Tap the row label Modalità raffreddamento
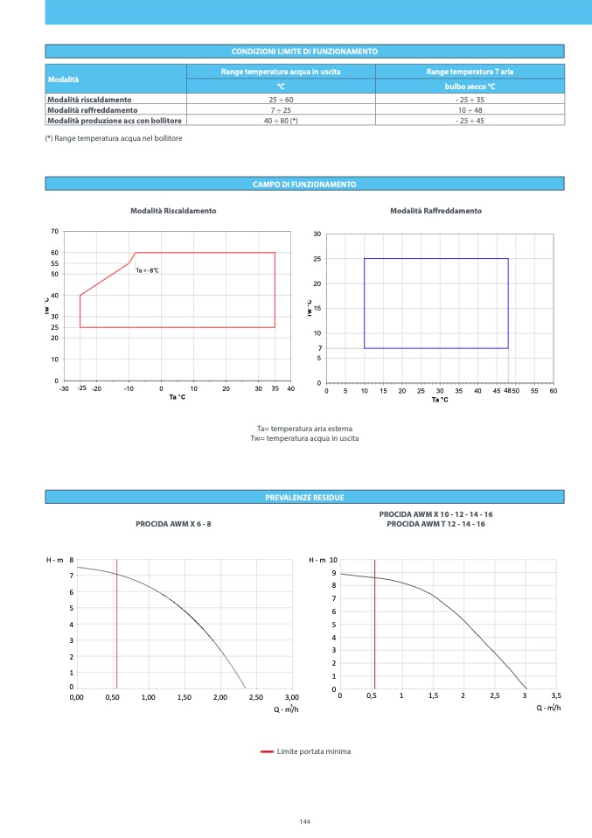pyautogui.click(x=92, y=110)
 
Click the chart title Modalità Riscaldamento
pyautogui.click(x=173, y=211)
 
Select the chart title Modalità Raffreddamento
pyautogui.click(x=435, y=211)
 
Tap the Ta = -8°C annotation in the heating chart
pyautogui.click(x=148, y=270)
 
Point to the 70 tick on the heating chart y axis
pyautogui.click(x=54, y=232)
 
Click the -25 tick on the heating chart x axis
pyautogui.click(x=81, y=388)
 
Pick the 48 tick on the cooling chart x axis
pyautogui.click(x=507, y=390)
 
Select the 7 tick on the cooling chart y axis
pyautogui.click(x=320, y=348)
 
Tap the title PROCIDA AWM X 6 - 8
pyautogui.click(x=173, y=523)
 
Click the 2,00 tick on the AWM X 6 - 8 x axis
pyautogui.click(x=219, y=697)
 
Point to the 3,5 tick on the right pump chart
pyautogui.click(x=556, y=695)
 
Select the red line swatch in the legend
pyautogui.click(x=267, y=751)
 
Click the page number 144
pyautogui.click(x=304, y=821)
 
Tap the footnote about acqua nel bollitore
pyautogui.click(x=114, y=138)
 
